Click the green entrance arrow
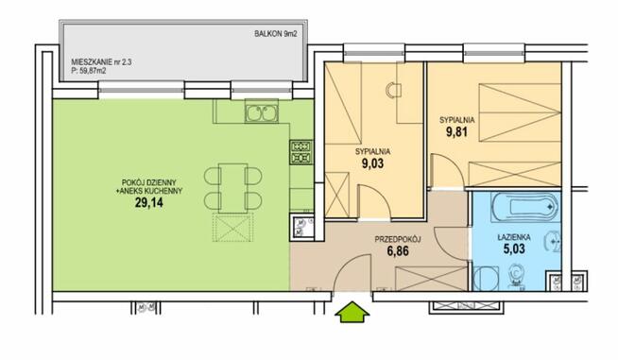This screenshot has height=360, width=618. pyautogui.click(x=352, y=312)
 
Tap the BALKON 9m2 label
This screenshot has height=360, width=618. pyautogui.click(x=276, y=34)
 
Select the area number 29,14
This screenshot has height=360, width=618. pyautogui.click(x=149, y=202)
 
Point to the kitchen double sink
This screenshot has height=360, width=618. pyautogui.click(x=262, y=113)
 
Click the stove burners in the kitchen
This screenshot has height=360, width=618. pyautogui.click(x=301, y=152)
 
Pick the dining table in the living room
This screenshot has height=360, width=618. pyautogui.click(x=233, y=188)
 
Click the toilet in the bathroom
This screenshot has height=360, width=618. pyautogui.click(x=516, y=275)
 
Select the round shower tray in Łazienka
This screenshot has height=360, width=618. pyautogui.click(x=486, y=279)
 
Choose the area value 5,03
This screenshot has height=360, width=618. pyautogui.click(x=514, y=249)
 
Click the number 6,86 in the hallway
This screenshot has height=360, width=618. pyautogui.click(x=398, y=250)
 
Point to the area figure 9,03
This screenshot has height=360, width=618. pyautogui.click(x=372, y=163)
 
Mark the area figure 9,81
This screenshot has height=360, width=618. pyautogui.click(x=456, y=131)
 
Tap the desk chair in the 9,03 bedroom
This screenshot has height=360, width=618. pyautogui.click(x=392, y=91)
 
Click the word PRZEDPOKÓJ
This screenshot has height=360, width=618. pyautogui.click(x=398, y=239)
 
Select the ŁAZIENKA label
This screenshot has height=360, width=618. pyautogui.click(x=514, y=237)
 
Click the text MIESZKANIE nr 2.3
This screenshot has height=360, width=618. pyautogui.click(x=102, y=62)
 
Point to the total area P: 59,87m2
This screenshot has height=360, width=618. pyautogui.click(x=89, y=71)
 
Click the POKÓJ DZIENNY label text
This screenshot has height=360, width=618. pyautogui.click(x=149, y=182)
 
